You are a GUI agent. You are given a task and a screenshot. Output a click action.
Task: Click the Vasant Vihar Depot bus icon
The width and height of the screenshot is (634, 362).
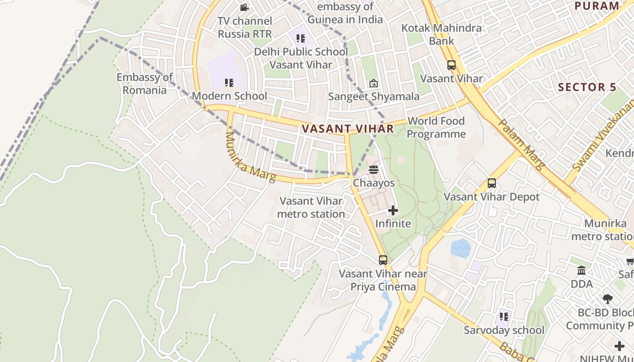coord(492,183)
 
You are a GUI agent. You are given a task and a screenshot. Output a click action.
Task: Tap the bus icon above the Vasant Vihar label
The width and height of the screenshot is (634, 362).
coord(451,65)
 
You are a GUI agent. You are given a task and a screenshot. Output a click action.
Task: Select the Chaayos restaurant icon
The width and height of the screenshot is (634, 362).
coord(374,170)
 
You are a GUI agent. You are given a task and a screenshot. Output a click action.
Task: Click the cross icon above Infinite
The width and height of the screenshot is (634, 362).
coord(393,210)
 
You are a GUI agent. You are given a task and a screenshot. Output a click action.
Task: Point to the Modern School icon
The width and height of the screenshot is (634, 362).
coord(229,83)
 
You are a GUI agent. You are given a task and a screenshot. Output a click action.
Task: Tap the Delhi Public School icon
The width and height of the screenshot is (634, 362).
coord(301,38)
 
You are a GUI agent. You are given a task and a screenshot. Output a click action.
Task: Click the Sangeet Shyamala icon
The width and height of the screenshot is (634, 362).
coord(374,83)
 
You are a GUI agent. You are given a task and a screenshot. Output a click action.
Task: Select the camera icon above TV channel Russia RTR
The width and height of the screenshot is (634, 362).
coord(245,7)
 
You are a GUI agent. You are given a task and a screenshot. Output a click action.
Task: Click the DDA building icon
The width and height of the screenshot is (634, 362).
coord(581,271)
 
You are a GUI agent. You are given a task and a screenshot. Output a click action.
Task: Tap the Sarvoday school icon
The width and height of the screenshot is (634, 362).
coord(504,317)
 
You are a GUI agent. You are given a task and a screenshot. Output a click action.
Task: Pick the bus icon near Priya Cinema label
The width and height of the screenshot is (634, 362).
coord(383,260)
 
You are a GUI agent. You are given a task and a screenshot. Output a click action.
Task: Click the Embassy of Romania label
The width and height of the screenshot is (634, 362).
coord(144,84)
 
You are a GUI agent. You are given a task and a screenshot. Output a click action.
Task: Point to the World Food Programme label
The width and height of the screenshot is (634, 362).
coord(436,128)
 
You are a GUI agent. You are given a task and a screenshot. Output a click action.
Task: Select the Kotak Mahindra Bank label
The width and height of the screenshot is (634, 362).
coord(442,34)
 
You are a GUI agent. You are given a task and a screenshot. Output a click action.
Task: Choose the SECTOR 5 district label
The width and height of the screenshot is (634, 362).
coord(587,87)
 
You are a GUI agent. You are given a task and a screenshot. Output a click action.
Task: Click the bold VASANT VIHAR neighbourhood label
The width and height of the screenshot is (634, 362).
coord(348,129)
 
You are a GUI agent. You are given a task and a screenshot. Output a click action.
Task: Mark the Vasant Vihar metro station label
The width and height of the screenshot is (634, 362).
coord(311,207)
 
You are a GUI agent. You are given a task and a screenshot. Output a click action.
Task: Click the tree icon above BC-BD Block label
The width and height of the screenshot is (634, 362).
coord(608,299)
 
